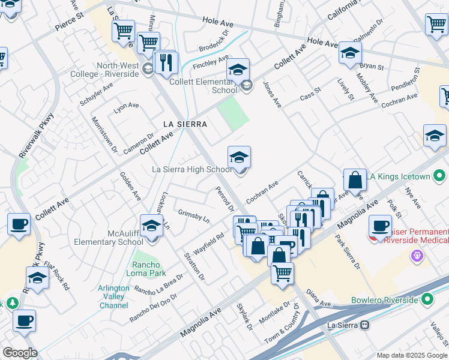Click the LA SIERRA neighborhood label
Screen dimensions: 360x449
[185, 124]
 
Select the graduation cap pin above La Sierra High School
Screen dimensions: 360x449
[239, 158]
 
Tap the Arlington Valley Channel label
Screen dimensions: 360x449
[113, 296]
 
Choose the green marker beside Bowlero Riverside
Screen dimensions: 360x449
[427, 299]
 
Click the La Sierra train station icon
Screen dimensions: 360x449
[364, 325]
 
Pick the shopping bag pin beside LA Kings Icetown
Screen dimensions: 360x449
[355, 180]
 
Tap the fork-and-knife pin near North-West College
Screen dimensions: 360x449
[166, 62]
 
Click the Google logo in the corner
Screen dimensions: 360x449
[20, 353]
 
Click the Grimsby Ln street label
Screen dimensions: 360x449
[193, 216]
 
